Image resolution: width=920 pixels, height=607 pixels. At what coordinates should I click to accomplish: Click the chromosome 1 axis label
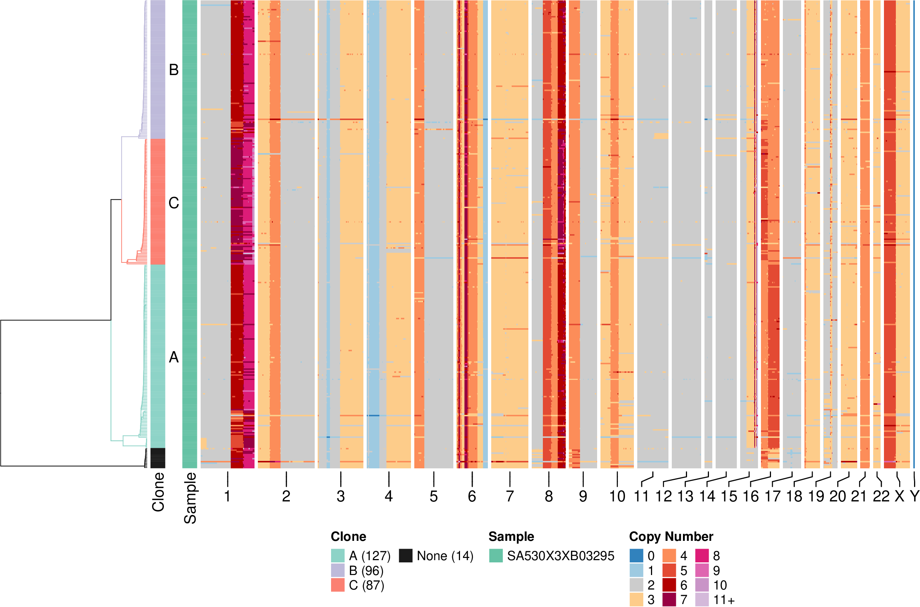[x=227, y=496]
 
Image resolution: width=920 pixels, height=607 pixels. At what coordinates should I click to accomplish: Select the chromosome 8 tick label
[x=548, y=496]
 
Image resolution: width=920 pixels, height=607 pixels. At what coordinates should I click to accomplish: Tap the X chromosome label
[x=900, y=496]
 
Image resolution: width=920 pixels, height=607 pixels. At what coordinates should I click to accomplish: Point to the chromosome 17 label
[x=772, y=496]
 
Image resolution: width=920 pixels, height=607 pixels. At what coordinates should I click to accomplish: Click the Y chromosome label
[x=914, y=496]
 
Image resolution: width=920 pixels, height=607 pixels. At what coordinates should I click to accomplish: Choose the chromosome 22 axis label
[x=881, y=496]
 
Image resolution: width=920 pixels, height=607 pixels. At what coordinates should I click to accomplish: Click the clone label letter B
[x=174, y=70]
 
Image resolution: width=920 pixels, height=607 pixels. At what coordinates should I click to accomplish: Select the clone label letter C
[x=174, y=203]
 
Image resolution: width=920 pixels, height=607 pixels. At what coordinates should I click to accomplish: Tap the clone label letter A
[x=174, y=357]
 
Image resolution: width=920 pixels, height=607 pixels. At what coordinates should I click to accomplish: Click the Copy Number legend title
[x=671, y=536]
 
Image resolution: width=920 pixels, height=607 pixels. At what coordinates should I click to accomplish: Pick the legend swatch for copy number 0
[x=636, y=556]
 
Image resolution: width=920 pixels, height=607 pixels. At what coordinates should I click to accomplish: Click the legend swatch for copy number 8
[x=702, y=556]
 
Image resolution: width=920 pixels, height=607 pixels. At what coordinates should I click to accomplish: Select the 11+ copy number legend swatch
[x=702, y=600]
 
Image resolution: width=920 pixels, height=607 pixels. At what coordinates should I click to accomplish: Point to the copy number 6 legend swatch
[x=669, y=585]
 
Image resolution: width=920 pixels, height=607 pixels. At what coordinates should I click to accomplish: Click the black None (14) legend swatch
[x=405, y=556]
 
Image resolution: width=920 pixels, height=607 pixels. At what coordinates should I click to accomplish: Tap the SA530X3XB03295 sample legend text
[x=561, y=556]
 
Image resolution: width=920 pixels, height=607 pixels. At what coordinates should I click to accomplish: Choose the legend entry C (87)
[x=366, y=585]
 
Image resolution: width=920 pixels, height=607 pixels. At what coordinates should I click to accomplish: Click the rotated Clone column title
[x=158, y=492]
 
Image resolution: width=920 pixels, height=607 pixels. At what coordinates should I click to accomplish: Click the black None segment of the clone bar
[x=158, y=458]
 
